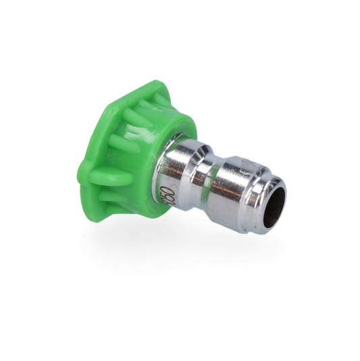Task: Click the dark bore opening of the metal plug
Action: (274, 202)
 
